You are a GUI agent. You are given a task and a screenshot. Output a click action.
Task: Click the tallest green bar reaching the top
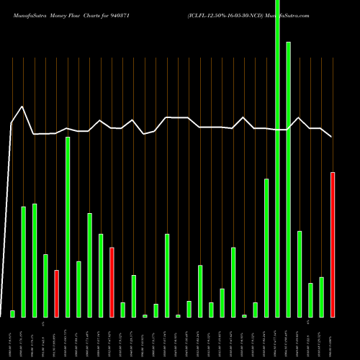pos(277,158)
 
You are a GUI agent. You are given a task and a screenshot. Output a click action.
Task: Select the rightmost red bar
pos(333,245)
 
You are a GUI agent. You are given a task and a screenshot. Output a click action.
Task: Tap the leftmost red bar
pos(56,294)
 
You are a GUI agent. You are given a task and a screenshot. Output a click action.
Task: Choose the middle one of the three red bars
pos(112,282)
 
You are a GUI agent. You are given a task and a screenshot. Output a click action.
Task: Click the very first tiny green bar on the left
pos(12,313)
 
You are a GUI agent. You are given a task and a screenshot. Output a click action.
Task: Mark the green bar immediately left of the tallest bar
pos(266,248)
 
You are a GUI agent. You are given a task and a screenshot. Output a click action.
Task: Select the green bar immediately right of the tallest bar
pos(288,180)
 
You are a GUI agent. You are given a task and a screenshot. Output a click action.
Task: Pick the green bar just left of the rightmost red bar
pos(321,297)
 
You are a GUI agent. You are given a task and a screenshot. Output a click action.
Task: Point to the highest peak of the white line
pos(23,107)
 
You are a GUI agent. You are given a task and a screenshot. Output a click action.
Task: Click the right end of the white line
pos(332,136)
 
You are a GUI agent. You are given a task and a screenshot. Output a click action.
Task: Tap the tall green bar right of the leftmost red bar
pos(68,227)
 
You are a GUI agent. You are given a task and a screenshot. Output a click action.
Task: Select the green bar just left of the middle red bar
pos(101,275)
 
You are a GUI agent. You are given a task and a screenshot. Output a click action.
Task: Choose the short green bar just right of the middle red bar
pos(122,310)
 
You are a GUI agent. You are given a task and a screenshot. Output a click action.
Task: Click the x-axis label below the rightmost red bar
pos(333,338)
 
